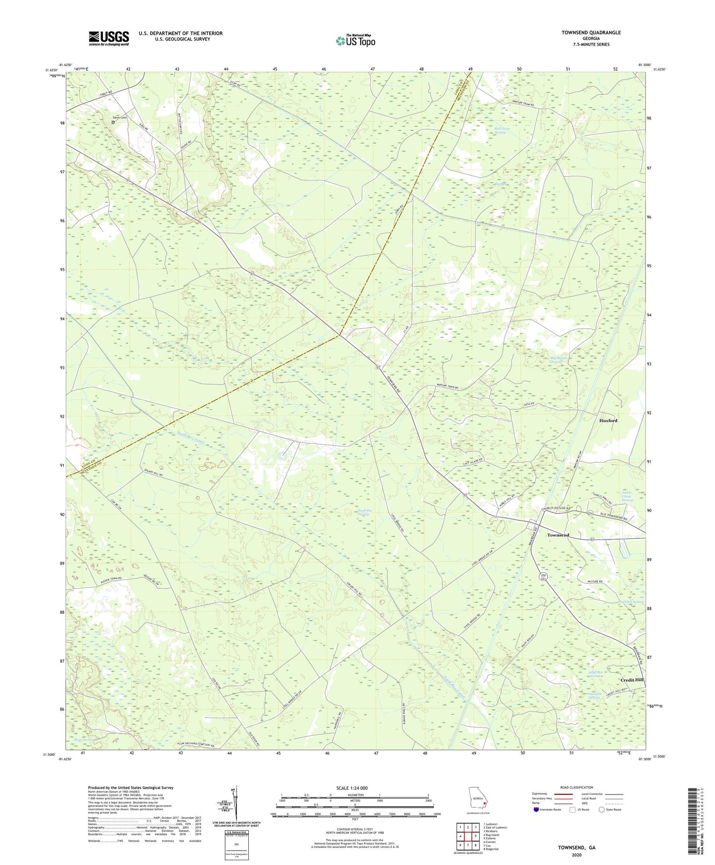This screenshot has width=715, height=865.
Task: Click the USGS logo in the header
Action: (109, 38)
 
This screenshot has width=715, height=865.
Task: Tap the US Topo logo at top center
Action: (356, 41)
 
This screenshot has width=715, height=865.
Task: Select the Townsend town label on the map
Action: (558, 535)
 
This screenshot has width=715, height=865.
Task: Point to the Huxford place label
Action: (608, 420)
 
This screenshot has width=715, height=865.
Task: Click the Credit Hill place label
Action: (632, 680)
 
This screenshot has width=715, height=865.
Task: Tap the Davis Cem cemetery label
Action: (120, 117)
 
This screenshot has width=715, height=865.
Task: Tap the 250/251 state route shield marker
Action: (544, 577)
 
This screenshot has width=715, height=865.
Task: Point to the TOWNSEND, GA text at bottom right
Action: (576, 848)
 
